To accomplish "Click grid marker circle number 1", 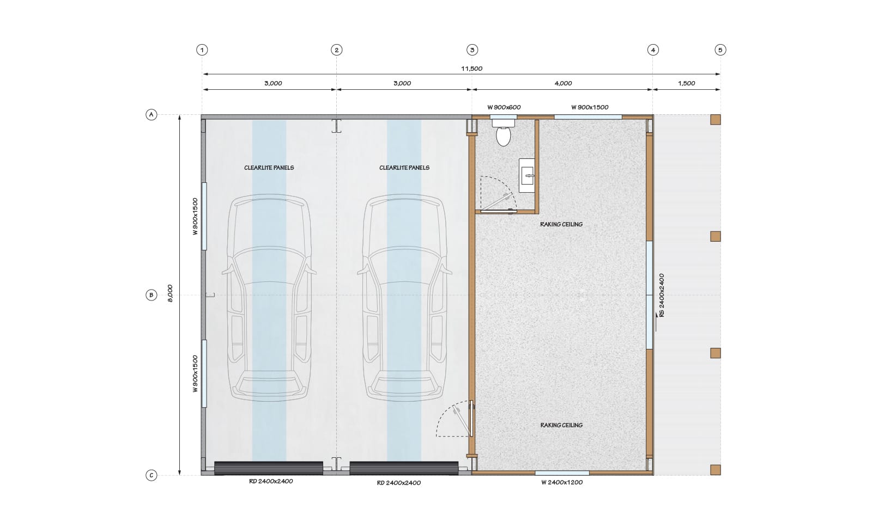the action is pos(202,50).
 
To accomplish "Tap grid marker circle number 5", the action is pos(720,50).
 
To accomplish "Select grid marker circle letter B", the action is pos(151,295).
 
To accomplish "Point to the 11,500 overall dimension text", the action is pos(472,69).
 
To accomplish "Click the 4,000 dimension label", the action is pos(563,83).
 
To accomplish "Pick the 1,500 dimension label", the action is pos(686,83).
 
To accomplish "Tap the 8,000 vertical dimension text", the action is pos(170,293).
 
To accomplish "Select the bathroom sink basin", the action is pos(527,175).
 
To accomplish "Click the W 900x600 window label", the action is pos(504,107).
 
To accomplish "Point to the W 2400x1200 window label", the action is pos(562,482).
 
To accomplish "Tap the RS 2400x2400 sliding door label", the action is pos(662,296).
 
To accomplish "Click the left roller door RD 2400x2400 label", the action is pos(271,481).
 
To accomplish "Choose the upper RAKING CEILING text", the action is pos(561,224).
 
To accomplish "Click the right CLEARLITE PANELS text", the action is pos(404,168).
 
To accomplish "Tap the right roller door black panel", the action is pos(404,468).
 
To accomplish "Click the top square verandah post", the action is pos(716,120).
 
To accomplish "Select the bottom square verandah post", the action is pos(716,470).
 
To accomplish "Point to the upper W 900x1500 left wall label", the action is pos(196,217).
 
